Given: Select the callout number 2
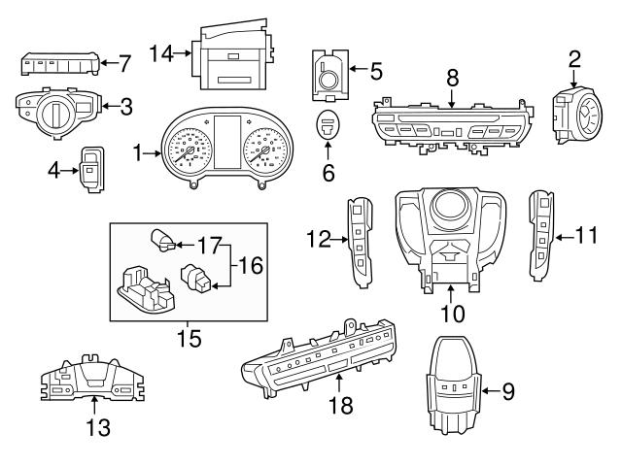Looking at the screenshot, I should (x=574, y=58).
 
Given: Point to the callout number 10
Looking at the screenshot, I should (x=453, y=314).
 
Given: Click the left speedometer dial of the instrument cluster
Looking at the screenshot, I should (x=187, y=151).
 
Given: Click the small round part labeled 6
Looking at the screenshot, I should (x=328, y=125).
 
